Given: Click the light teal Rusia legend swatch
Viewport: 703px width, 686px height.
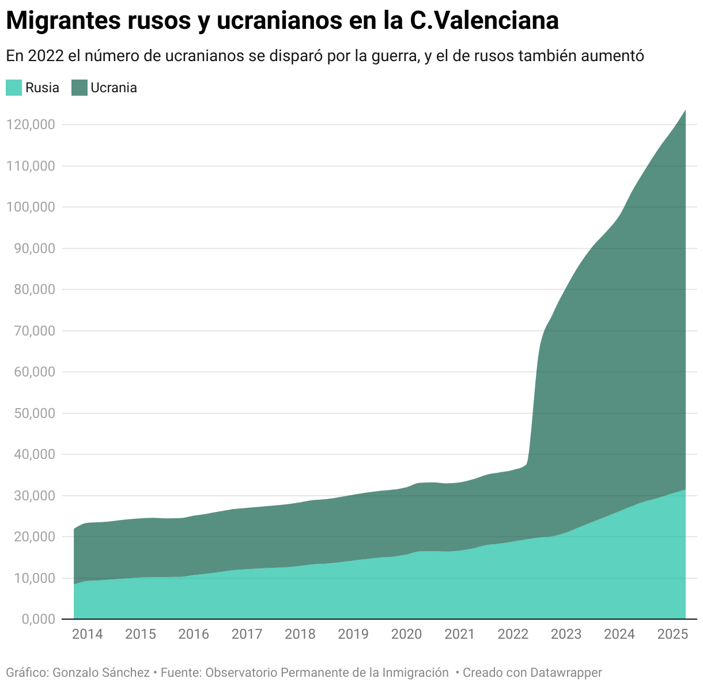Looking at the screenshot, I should click(14, 88).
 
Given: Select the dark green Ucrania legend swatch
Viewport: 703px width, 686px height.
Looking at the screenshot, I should click(79, 88).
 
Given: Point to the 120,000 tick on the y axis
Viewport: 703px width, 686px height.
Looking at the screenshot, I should click(31, 125).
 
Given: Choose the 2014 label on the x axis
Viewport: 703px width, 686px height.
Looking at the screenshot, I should click(88, 634).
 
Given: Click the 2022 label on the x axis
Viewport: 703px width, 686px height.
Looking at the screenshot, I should click(513, 634).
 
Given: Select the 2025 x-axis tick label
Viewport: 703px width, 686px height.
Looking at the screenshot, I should click(672, 634).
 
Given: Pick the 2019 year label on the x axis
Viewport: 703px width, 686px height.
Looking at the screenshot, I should click(353, 634).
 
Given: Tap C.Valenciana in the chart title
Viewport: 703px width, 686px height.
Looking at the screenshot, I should click(484, 21).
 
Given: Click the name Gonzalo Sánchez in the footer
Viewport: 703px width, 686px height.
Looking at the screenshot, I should click(101, 672).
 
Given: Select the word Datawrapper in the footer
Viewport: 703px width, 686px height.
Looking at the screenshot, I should click(566, 672).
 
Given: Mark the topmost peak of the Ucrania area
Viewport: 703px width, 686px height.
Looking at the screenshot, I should click(685, 111).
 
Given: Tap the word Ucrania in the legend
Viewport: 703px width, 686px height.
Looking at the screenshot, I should click(114, 88).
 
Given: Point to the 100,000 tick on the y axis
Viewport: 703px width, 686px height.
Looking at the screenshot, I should click(31, 207).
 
